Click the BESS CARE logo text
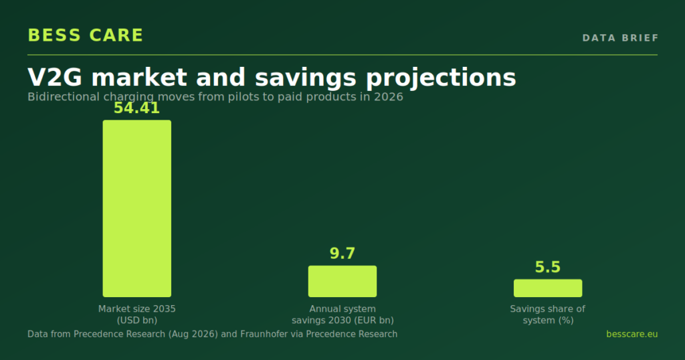[x=85, y=35]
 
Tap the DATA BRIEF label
[x=620, y=38]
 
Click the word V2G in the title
[x=55, y=78]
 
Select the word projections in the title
[x=441, y=78]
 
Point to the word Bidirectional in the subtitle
[x=64, y=96]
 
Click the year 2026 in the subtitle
[x=389, y=96]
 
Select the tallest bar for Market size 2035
[x=136, y=208]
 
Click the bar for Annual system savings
[x=342, y=281]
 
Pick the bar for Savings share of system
[x=548, y=288]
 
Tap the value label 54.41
[x=136, y=108]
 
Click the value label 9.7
[x=342, y=254]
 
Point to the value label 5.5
[x=548, y=267]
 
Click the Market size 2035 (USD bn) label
[x=136, y=314]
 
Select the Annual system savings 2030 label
[x=342, y=314]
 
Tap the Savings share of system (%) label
[x=548, y=314]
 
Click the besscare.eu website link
[x=631, y=334]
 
